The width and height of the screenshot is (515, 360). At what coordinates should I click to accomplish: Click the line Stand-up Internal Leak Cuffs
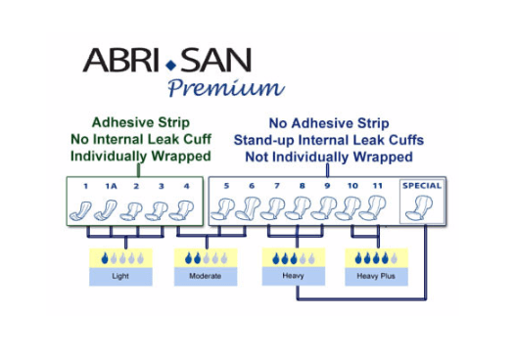(x=328, y=140)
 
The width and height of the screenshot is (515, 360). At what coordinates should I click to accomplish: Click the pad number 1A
(x=111, y=185)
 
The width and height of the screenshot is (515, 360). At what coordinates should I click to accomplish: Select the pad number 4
(x=187, y=185)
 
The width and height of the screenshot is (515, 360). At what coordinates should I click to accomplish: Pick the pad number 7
(x=277, y=185)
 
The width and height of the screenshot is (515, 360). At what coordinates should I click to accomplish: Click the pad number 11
(x=379, y=185)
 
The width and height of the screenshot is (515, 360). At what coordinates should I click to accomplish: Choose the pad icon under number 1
(x=84, y=208)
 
